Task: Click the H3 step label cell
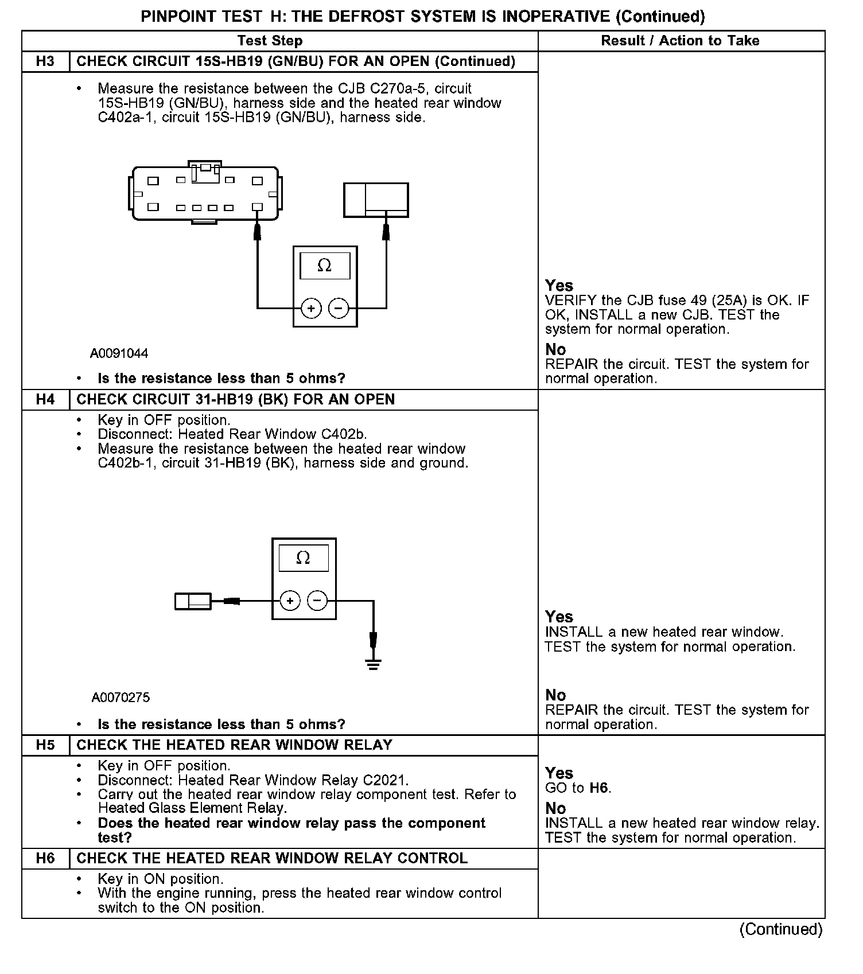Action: point(45,61)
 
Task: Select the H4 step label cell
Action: point(45,399)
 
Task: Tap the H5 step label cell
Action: point(45,745)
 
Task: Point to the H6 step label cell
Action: point(45,858)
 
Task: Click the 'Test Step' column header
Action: point(270,41)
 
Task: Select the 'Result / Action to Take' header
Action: point(680,41)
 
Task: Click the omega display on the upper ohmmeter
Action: point(325,266)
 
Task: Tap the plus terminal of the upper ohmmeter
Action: point(311,309)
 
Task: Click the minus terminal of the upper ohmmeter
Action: point(338,309)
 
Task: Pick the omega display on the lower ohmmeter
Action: point(304,558)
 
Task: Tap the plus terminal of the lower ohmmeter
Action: point(290,601)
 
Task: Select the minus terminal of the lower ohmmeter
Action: point(317,601)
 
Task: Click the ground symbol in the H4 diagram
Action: point(374,664)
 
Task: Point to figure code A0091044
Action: point(119,353)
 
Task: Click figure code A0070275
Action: point(120,698)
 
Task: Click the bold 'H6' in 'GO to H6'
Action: point(599,788)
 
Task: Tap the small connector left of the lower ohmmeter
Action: point(193,601)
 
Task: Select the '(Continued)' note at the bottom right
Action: point(780,929)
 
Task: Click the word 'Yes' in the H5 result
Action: point(559,773)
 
